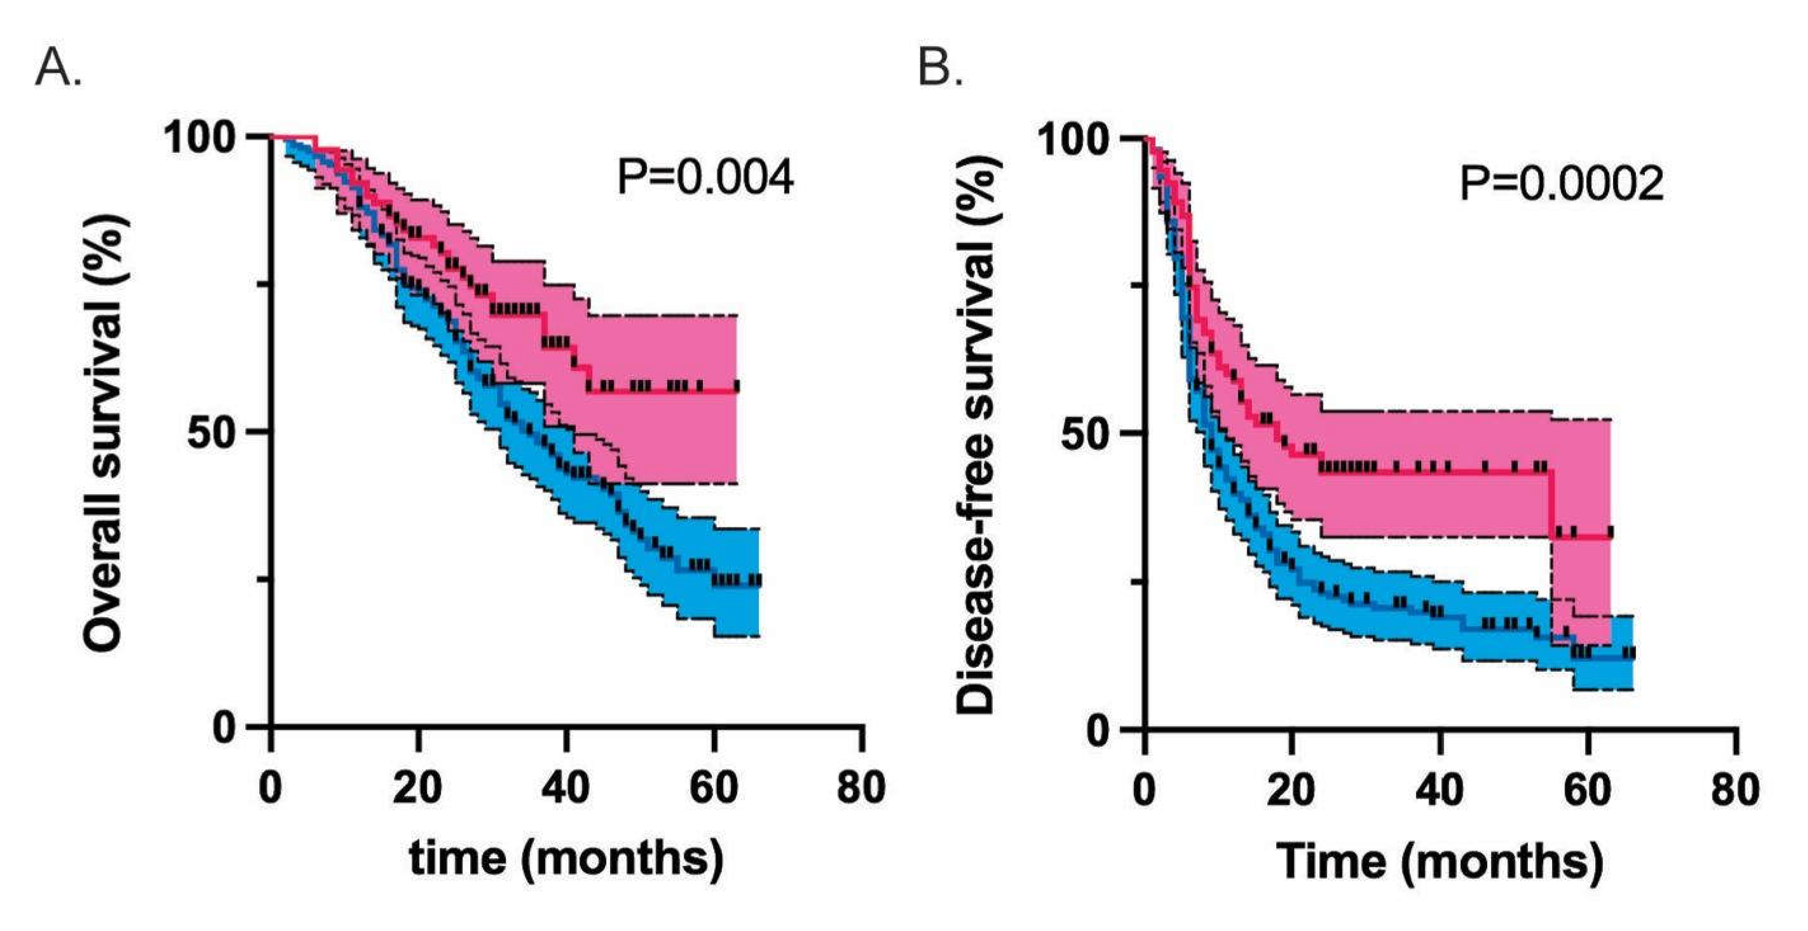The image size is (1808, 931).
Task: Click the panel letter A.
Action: coord(57,69)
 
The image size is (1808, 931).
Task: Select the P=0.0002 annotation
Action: coord(1561,184)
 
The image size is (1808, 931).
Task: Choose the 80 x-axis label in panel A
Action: coord(861,788)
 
